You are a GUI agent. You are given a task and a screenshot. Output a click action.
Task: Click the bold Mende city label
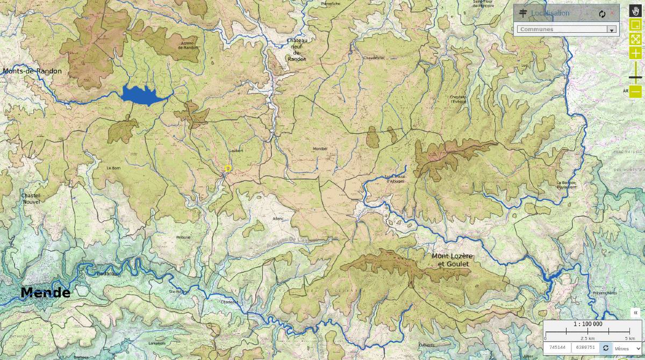pyautogui.click(x=45, y=293)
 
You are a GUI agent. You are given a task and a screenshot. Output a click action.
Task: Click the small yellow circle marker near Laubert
pyautogui.click(x=228, y=169)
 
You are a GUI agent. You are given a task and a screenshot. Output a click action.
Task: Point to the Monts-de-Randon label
pyautogui.click(x=32, y=71)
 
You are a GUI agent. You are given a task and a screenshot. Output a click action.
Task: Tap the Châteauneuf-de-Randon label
pyautogui.click(x=297, y=49)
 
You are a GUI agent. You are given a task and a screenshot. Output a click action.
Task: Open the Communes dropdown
pyautogui.click(x=566, y=30)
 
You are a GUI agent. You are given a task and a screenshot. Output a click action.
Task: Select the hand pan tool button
pyautogui.click(x=635, y=11)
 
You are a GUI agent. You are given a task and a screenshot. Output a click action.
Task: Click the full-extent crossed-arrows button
pyautogui.click(x=635, y=39)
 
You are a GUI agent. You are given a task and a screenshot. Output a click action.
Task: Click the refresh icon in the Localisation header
pyautogui.click(x=602, y=13)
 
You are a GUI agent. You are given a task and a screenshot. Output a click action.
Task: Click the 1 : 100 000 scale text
pyautogui.click(x=587, y=324)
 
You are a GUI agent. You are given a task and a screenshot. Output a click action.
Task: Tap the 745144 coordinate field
pyautogui.click(x=557, y=348)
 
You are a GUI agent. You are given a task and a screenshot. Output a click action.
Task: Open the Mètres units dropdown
pyautogui.click(x=628, y=348)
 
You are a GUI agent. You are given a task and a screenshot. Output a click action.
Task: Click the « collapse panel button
pyautogui.click(x=636, y=313)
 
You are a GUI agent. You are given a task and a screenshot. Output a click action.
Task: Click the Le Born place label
pyautogui.click(x=113, y=168)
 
